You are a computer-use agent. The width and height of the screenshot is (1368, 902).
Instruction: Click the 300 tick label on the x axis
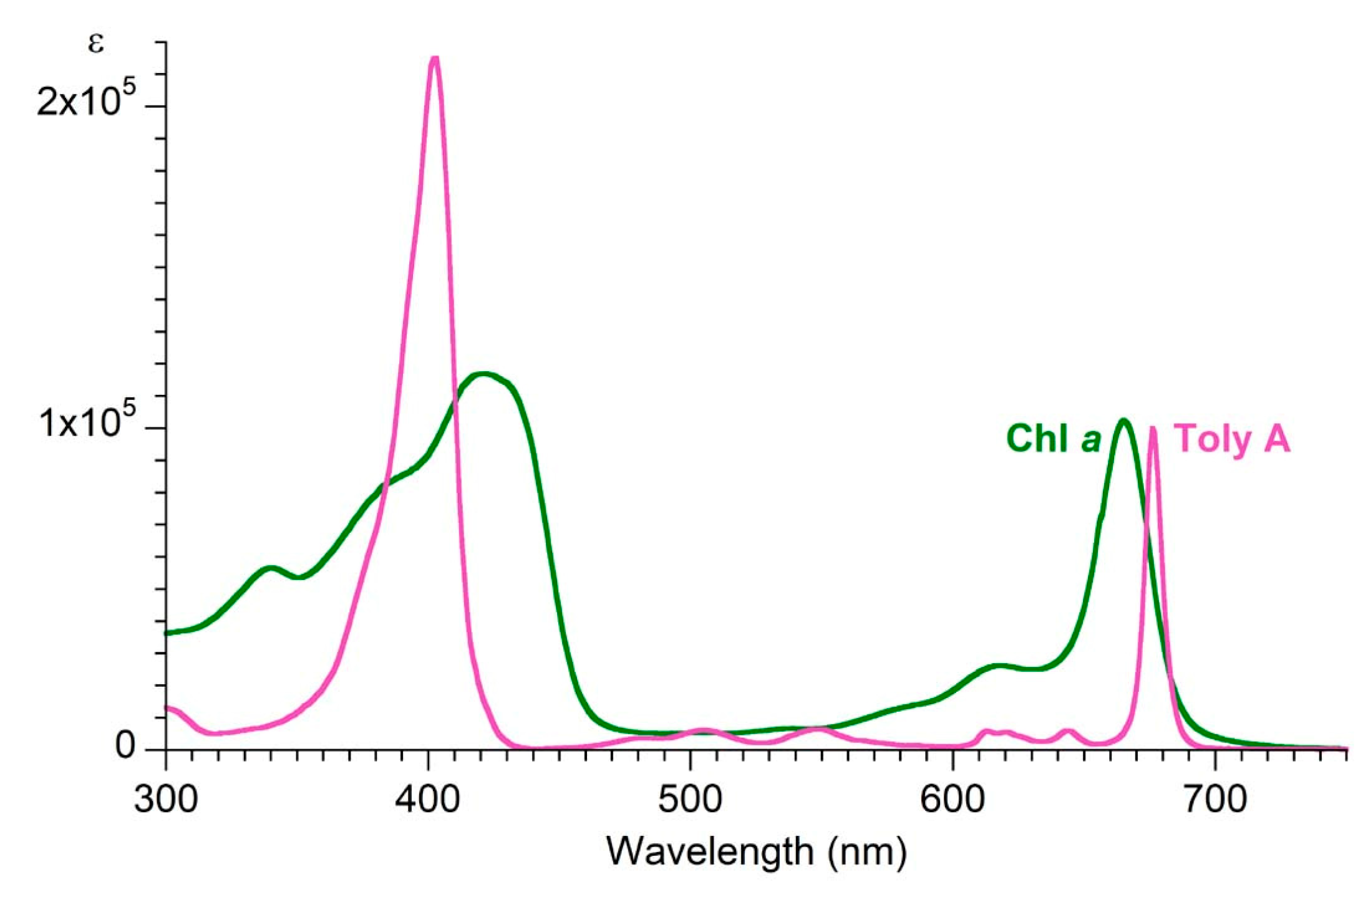point(165,799)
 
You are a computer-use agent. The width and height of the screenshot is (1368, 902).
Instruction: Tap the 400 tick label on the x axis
point(428,799)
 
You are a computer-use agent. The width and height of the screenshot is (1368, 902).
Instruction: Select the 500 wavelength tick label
point(691,799)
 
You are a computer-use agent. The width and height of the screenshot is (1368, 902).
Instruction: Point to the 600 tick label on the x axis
point(953,799)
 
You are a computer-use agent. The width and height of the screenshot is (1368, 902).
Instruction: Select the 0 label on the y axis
point(125,745)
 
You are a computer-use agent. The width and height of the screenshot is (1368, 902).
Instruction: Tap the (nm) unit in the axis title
point(868,851)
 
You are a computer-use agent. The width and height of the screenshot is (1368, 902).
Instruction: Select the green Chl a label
point(1054,438)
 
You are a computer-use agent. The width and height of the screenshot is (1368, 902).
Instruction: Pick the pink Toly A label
point(1232,438)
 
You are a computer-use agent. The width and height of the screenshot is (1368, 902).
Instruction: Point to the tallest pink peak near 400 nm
point(435,59)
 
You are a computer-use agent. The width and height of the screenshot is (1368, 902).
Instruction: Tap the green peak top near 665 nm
point(1123,421)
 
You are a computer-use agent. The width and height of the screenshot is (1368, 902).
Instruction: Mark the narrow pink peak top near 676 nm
point(1153,429)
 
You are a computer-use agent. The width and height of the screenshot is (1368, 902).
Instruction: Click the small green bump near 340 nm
point(269,568)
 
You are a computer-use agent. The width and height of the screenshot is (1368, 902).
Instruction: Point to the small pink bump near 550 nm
point(817,729)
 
